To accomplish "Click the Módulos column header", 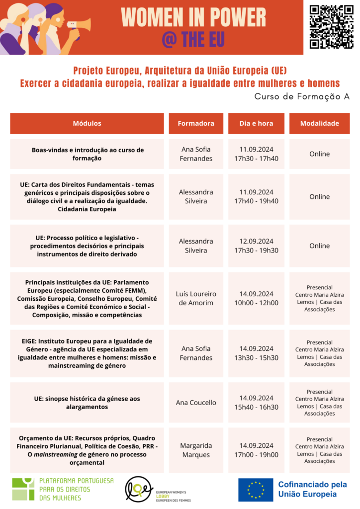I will [x=87, y=123].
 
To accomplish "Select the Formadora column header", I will [x=196, y=123].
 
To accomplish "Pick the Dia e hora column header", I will [x=256, y=123].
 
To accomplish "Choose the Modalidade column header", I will [x=319, y=123].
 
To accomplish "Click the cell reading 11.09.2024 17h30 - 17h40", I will [x=256, y=154].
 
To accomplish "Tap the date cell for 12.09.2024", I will [x=256, y=246].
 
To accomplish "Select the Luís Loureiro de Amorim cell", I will [x=196, y=298].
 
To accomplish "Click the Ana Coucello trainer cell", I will [x=196, y=402].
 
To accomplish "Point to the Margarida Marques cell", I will [x=196, y=450].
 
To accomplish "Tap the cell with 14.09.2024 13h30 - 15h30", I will [x=256, y=353].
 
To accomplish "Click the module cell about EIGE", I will [x=87, y=353].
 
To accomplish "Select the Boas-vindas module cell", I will [x=87, y=154].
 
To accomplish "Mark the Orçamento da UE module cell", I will [x=87, y=450].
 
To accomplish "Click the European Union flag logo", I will [x=256, y=490].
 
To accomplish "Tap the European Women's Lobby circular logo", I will [x=139, y=490].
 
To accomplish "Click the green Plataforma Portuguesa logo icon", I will [x=23, y=489].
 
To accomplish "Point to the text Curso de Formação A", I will [x=302, y=96].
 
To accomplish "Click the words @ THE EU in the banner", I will [x=193, y=39].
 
